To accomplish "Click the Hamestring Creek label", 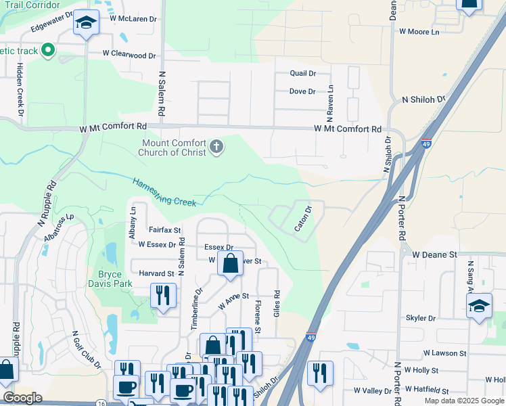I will point(164,191).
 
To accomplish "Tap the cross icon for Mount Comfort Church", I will point(216,147).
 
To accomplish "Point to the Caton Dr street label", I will point(302,219).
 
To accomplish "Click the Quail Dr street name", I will point(302,73).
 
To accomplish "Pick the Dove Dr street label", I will point(302,91).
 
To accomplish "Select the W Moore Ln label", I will point(419,32).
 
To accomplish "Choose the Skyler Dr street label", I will point(421,318).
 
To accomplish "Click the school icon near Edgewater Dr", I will point(86,24).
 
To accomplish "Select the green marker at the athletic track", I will point(47,49).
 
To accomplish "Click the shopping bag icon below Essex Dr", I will point(230,264).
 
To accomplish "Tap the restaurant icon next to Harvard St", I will point(162,296).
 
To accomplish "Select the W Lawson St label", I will point(444,353).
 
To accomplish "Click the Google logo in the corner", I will point(23,398).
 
